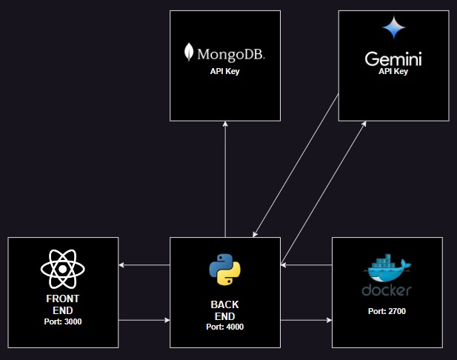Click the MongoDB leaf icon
[x=189, y=52]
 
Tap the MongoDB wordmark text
[x=231, y=55]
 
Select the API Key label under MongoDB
[x=224, y=71]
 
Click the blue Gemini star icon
[x=394, y=27]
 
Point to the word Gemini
[x=393, y=59]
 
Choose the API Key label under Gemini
[x=393, y=71]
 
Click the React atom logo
[x=63, y=269]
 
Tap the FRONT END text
[x=63, y=304]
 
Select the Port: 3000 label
[x=63, y=321]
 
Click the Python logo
[x=224, y=270]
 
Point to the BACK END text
[x=224, y=310]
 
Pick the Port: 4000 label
[x=224, y=327]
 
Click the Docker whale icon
[x=387, y=268]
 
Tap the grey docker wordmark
[x=387, y=290]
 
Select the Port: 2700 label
[x=387, y=311]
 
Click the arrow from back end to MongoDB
[x=225, y=179]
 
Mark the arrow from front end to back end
[x=144, y=320]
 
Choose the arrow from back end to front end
[x=144, y=265]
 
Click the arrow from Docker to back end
[x=307, y=265]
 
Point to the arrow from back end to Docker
[x=307, y=320]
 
